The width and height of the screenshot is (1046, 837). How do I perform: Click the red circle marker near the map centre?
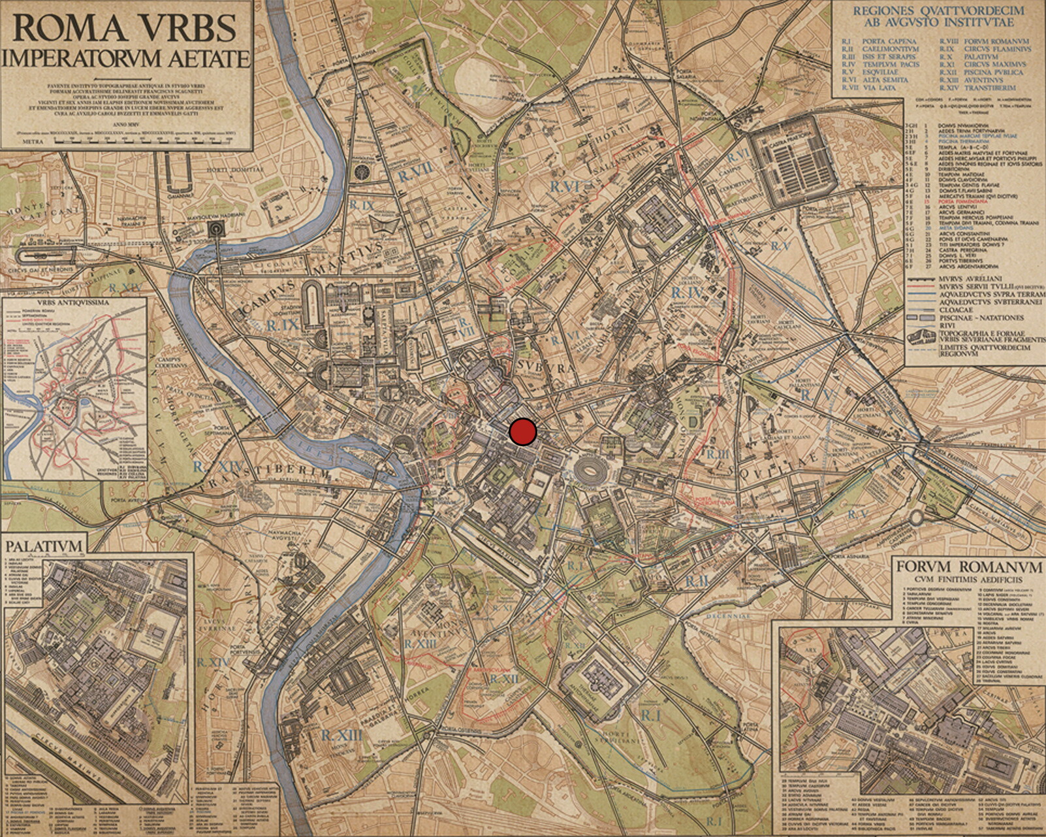522,432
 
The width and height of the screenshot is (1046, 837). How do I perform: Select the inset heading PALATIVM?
44,546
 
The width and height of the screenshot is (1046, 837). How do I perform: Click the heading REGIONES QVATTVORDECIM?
934,11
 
